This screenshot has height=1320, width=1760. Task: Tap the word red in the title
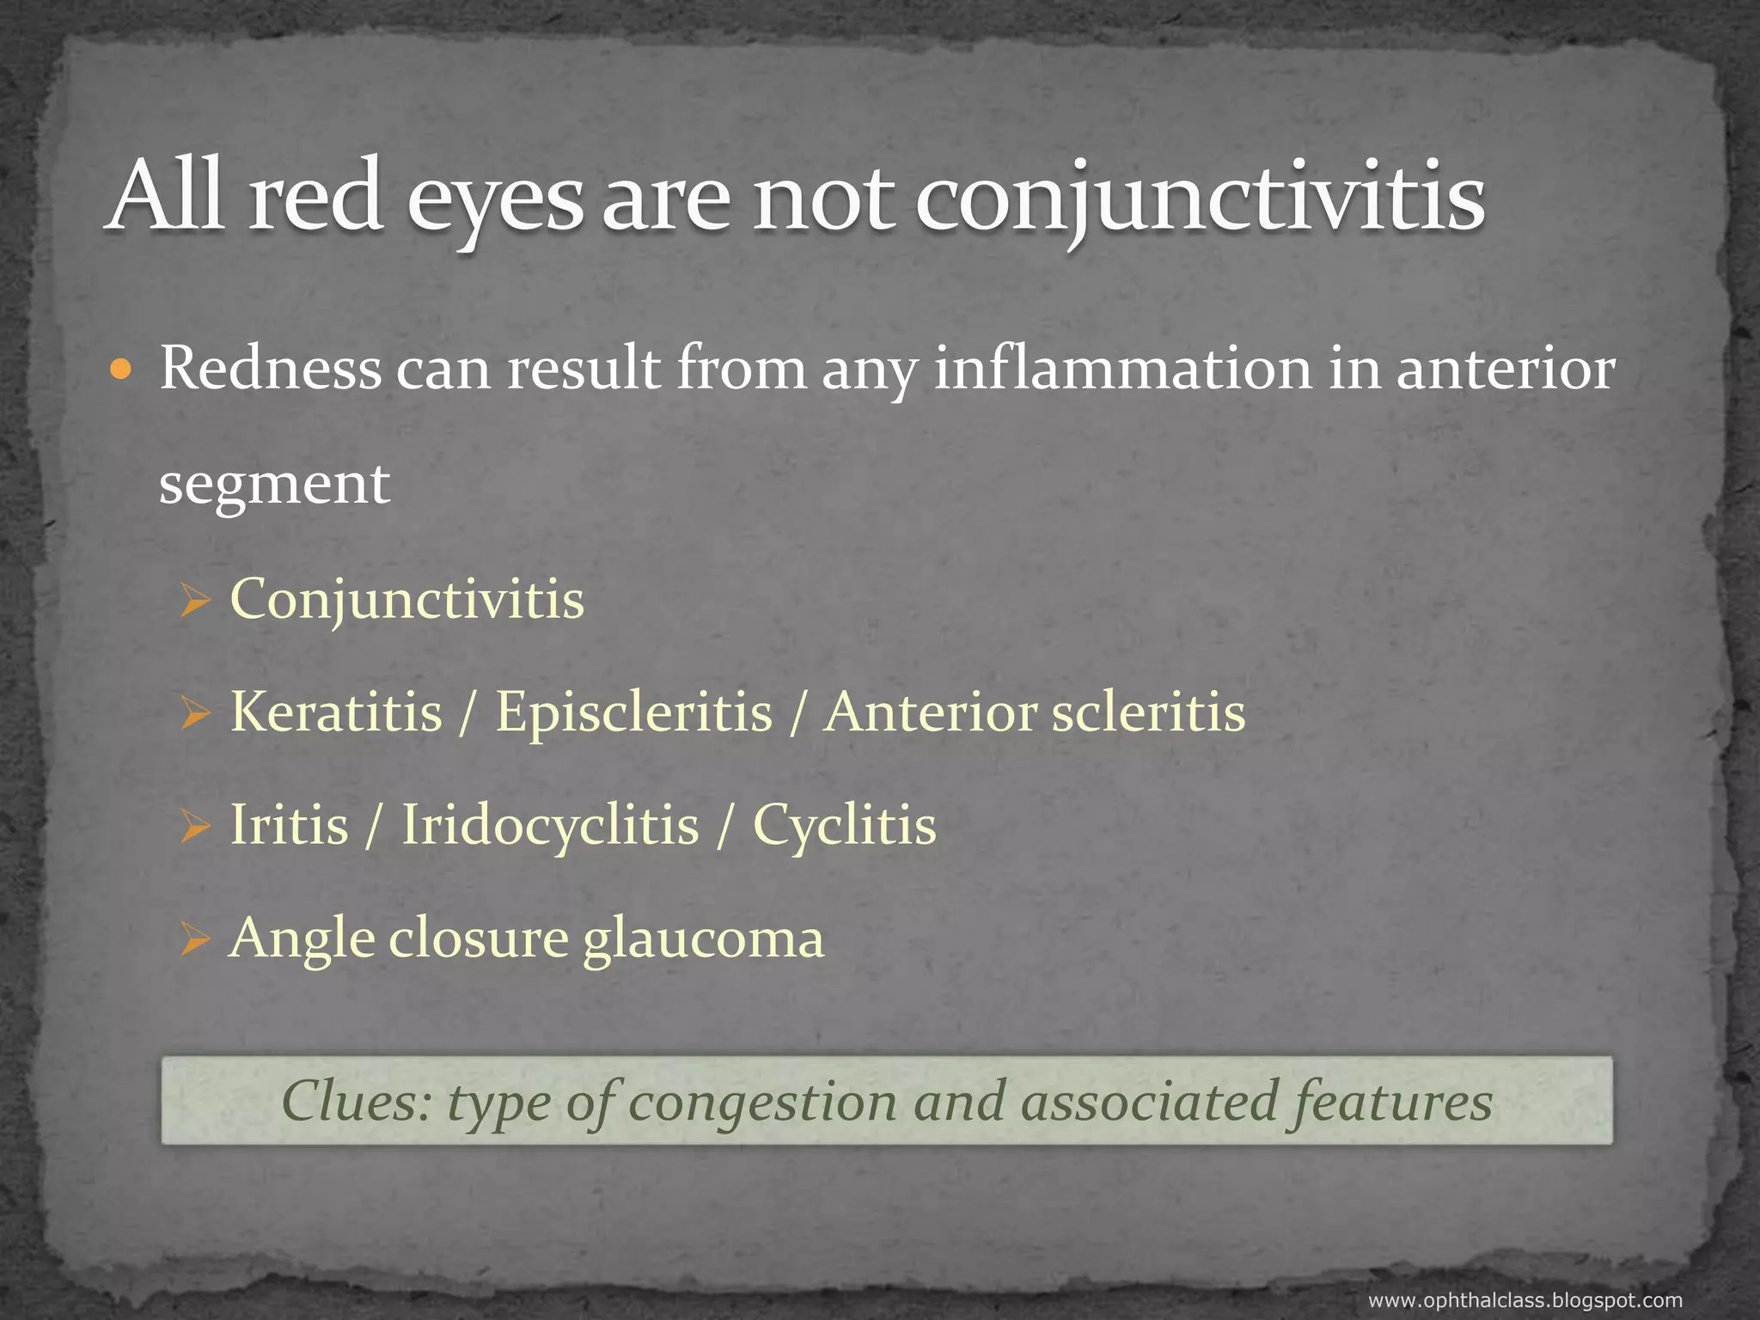315,198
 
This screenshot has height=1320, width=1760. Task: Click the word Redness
271,369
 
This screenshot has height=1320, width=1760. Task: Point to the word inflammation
1122,369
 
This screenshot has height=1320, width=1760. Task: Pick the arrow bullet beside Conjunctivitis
195,601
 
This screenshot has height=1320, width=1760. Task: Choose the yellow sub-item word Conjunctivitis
406,600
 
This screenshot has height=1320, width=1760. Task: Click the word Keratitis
336,712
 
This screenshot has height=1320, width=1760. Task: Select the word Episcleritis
634,714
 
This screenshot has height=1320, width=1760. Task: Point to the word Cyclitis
844,826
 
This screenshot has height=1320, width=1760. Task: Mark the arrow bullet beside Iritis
195,828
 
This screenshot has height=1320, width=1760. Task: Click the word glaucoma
703,939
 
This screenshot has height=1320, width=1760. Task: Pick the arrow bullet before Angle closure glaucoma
195,941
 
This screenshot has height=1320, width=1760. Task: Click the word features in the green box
1389,1101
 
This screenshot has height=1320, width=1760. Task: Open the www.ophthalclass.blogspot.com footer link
1525,1300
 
